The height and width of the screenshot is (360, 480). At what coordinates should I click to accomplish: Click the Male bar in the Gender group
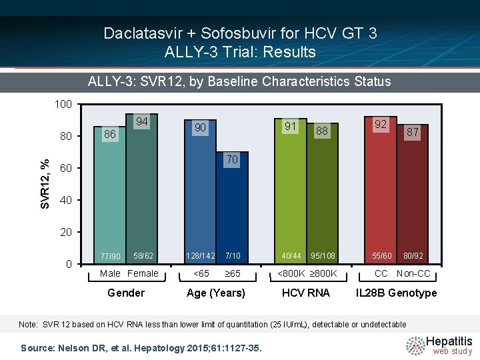click(109, 195)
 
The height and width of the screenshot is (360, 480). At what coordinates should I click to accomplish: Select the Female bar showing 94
click(142, 189)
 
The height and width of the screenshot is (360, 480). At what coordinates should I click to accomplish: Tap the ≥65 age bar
click(232, 207)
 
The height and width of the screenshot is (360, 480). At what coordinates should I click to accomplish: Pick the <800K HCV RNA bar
click(291, 191)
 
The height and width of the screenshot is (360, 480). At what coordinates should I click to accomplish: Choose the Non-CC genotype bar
click(413, 194)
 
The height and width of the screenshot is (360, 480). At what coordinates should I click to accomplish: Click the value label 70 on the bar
click(232, 159)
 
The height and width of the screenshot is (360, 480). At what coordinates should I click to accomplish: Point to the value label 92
click(381, 124)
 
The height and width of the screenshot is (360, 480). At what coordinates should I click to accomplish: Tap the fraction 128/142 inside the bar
click(201, 255)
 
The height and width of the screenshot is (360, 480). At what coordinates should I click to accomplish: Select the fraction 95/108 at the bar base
click(323, 255)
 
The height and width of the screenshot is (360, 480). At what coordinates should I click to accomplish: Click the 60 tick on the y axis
click(66, 168)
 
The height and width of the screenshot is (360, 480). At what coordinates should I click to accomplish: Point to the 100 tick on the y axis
click(63, 105)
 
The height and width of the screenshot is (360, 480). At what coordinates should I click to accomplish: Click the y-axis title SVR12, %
click(45, 184)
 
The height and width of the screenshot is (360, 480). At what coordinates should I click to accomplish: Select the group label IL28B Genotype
click(396, 293)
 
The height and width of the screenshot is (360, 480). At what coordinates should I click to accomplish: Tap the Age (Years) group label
click(216, 293)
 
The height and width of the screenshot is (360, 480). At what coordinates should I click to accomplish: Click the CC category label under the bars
click(381, 273)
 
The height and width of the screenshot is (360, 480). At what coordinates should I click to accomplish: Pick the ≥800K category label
click(323, 273)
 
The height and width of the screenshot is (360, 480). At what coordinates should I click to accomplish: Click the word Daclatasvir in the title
click(143, 33)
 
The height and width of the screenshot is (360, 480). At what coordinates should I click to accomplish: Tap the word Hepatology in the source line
click(159, 349)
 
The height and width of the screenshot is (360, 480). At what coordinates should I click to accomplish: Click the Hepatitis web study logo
click(439, 345)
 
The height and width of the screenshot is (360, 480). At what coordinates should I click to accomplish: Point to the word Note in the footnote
click(28, 324)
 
